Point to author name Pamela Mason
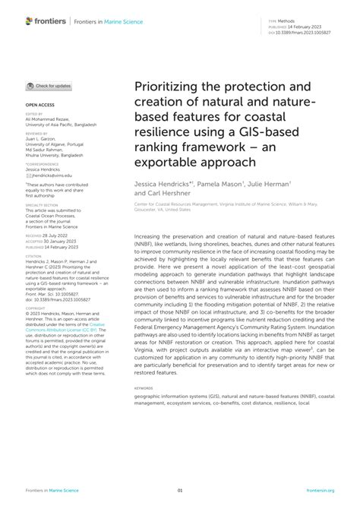(221, 185)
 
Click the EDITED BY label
(34, 115)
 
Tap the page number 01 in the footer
(180, 489)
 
